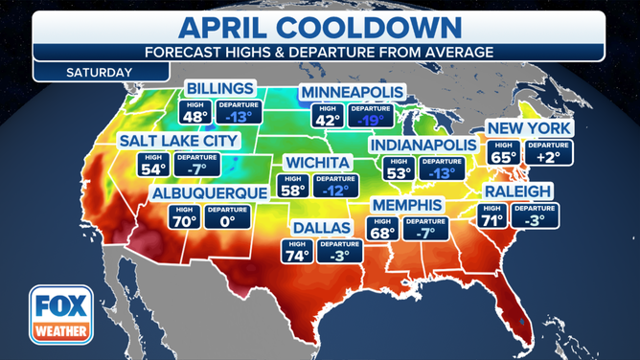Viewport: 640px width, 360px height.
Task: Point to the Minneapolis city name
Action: (x=351, y=92)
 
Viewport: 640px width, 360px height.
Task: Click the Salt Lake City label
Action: (x=178, y=141)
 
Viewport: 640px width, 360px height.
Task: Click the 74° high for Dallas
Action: (x=296, y=255)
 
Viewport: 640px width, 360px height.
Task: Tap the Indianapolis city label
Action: (x=422, y=145)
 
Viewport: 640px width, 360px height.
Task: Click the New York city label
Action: (x=529, y=127)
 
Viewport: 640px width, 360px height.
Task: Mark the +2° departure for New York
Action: (x=555, y=156)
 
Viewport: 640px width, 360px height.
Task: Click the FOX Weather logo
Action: (x=60, y=314)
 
